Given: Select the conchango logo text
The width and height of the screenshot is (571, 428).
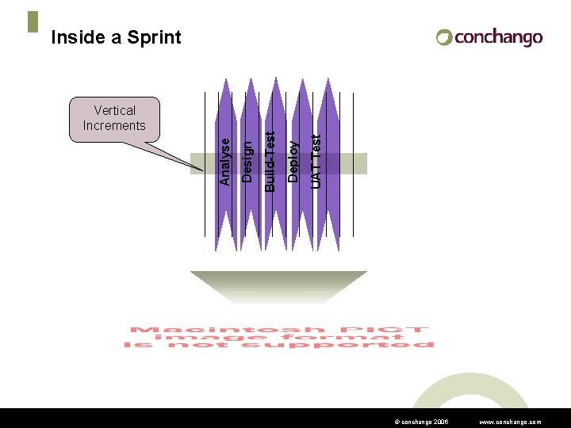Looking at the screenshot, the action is pos(499,37).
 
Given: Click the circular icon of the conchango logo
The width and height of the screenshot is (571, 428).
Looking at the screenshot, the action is pos(444,37).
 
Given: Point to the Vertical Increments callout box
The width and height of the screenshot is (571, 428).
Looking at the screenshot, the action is pos(114,119).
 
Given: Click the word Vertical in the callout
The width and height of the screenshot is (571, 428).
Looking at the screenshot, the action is pos(114,110).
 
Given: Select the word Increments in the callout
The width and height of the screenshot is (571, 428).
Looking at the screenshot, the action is pos(114,125).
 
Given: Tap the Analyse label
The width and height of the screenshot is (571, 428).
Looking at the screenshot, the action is pos(225,162).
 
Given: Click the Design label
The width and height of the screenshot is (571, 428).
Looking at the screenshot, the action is pos(247,162).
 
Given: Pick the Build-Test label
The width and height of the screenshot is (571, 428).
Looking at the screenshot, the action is pos(270,162).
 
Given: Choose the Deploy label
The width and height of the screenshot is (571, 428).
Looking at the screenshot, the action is pos(293,162).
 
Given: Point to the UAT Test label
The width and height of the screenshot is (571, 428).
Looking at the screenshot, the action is pos(316,162).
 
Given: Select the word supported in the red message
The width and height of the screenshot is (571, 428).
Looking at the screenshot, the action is pos(376,346).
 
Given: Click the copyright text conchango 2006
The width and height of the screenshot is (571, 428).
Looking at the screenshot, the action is pos(421,422).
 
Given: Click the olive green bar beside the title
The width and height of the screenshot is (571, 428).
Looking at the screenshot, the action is pos(33,21).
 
